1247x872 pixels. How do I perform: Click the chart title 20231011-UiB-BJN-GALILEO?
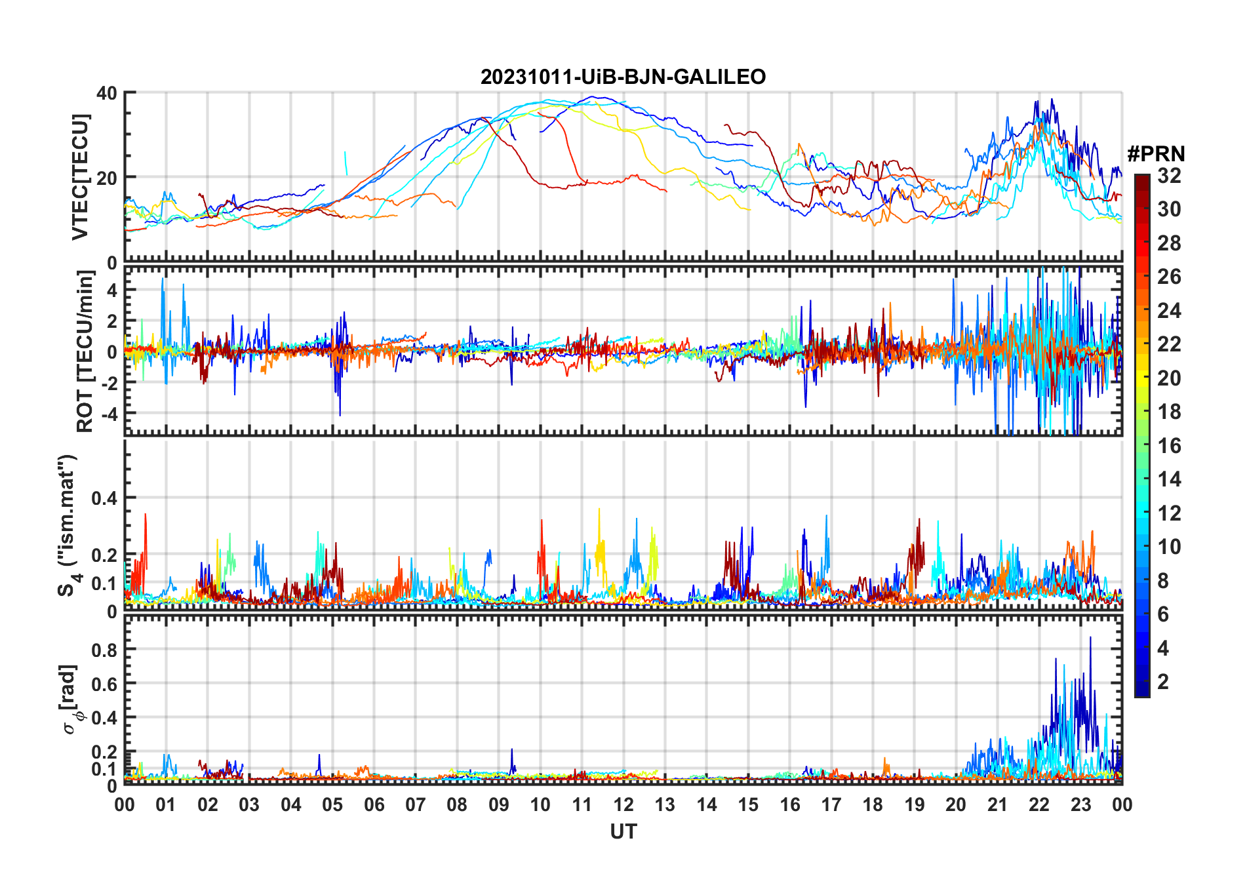coord(623,77)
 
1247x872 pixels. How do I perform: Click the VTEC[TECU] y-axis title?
coord(80,177)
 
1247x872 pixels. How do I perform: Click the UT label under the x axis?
coord(623,831)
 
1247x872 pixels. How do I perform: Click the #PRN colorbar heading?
coord(1156,154)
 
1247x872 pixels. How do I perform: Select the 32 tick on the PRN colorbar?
coord(1169,176)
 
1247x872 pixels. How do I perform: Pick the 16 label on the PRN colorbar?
coord(1169,446)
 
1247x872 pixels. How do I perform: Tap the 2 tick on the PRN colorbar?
coord(1163,682)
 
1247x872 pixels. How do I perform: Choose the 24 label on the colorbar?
coord(1169,311)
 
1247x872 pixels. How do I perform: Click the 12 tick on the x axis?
coord(623,804)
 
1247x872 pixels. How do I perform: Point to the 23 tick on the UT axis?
coord(1080,804)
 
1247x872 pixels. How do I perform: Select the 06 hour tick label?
coord(374,804)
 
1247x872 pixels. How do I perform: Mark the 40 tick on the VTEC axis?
coord(107,93)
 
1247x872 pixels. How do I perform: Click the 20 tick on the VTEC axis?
coord(107,178)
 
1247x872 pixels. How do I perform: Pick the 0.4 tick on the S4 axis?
coord(104,498)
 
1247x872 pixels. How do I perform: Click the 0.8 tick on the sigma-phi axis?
coord(104,650)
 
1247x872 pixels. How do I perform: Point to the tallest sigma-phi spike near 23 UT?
coord(1091,638)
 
